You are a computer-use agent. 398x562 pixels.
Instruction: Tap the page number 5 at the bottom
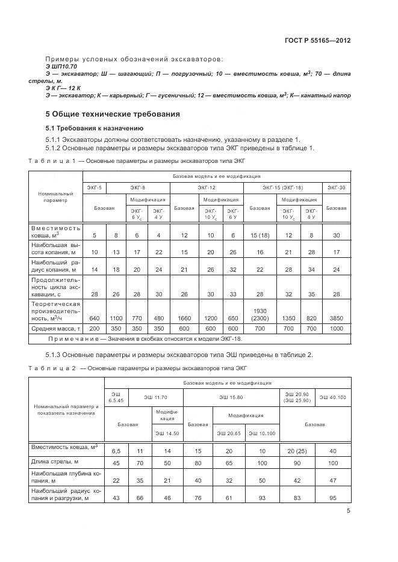348,512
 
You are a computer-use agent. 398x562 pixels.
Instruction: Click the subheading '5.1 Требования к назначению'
95,128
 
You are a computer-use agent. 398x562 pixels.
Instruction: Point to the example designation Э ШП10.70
61,66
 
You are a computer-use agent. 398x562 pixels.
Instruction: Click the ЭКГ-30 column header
336,188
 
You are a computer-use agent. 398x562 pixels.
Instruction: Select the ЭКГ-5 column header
94,188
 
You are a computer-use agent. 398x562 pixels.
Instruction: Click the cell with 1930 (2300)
260,314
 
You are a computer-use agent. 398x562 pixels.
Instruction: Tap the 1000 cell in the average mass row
336,329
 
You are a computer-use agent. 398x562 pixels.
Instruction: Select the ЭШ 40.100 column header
333,397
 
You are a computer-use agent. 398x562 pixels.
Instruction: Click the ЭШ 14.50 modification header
167,433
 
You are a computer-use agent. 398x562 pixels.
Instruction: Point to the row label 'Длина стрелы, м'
55,462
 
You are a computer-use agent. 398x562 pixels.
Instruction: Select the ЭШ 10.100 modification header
261,433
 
